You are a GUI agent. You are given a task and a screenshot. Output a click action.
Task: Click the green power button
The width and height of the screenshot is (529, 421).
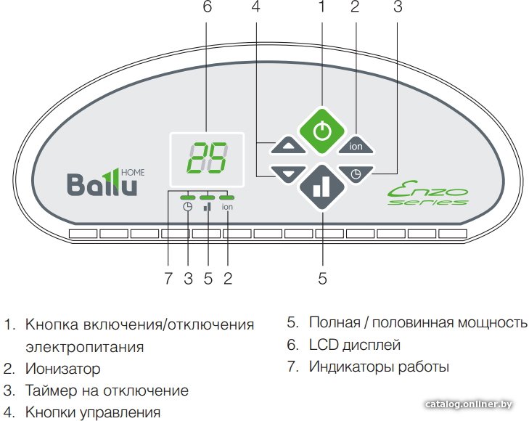coord(322,131)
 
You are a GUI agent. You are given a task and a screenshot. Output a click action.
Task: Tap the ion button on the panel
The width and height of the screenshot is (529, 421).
coord(356,145)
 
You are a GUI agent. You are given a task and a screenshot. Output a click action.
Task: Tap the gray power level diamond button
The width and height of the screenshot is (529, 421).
coord(322,188)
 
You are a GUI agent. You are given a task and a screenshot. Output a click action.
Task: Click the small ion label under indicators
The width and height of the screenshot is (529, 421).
coord(227,207)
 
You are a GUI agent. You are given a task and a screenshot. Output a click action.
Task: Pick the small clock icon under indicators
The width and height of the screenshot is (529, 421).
coord(188,207)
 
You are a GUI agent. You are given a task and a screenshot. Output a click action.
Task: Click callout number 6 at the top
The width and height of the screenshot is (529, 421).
coord(208,8)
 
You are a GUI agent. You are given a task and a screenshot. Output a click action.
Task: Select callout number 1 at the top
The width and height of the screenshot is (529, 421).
coord(322,8)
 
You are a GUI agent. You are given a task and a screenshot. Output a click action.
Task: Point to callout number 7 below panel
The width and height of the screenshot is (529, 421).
coord(168,278)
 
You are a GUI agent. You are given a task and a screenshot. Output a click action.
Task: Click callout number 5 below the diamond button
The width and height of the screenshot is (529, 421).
coord(322,278)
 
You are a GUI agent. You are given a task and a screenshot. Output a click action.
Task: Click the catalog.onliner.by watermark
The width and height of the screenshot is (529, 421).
coord(472,404)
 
